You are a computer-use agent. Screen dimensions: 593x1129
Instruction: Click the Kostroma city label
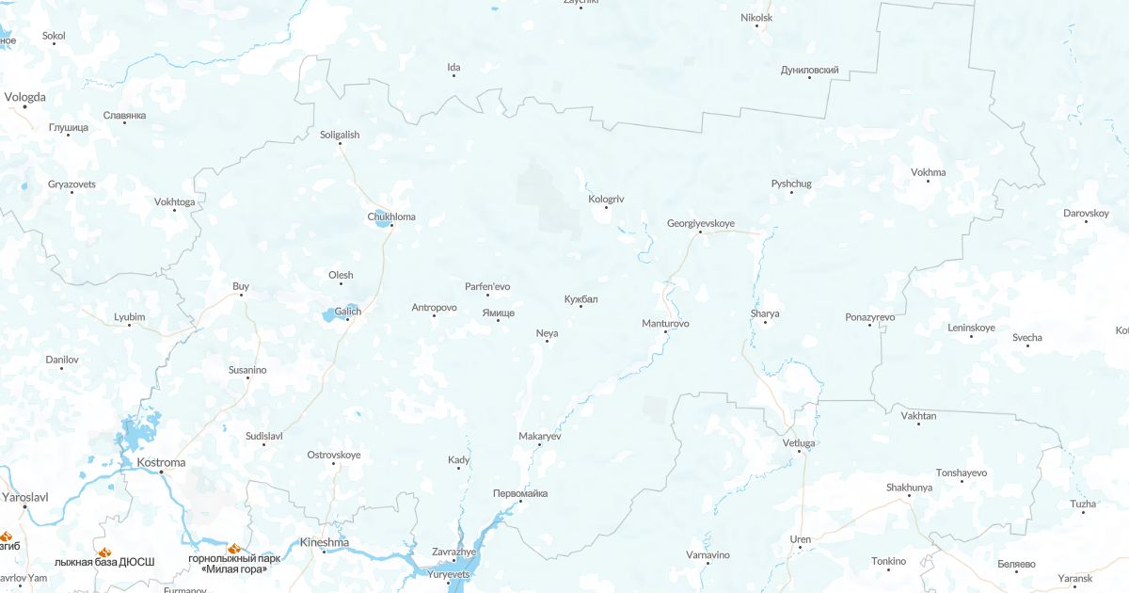[161, 463]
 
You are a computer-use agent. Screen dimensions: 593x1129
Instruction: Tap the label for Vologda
[24, 96]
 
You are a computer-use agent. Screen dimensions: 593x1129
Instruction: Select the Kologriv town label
[606, 199]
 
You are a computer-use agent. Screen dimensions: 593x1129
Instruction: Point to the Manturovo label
[665, 323]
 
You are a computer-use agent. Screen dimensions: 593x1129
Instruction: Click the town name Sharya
[765, 313]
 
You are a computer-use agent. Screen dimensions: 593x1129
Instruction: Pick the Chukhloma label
[390, 216]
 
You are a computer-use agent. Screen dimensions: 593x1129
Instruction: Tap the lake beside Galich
[334, 314]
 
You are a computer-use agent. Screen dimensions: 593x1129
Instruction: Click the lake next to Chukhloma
[382, 219]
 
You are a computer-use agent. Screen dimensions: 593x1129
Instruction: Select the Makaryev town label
[540, 436]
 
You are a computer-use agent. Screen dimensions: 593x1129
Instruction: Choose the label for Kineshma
[324, 542]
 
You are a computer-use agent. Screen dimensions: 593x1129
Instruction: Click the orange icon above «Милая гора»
[234, 547]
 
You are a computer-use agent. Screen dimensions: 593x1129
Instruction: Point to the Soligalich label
[340, 135]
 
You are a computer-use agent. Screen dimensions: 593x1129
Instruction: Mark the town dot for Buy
[241, 295]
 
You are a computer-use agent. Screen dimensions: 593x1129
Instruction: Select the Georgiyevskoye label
[700, 223]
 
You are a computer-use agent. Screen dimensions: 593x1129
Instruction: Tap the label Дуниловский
[809, 70]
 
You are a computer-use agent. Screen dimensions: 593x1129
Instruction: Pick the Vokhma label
[929, 172]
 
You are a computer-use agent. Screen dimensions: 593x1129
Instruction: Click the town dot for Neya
[547, 341]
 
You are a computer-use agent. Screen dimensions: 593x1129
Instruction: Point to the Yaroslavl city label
[25, 496]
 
